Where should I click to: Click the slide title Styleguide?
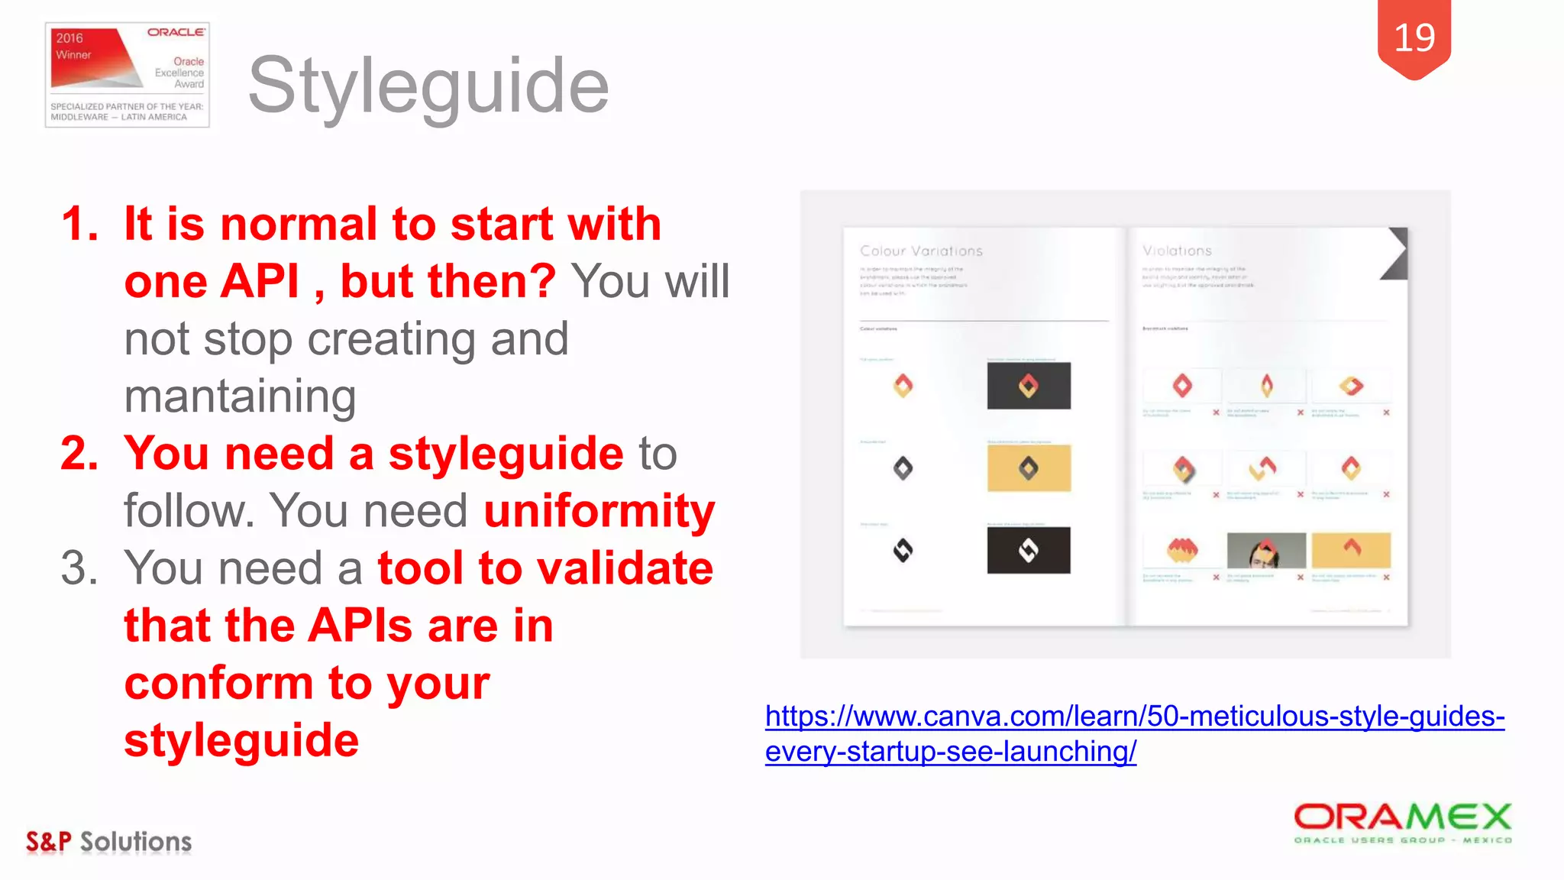(428, 86)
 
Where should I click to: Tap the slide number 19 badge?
(1414, 38)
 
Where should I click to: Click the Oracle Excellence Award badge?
(128, 75)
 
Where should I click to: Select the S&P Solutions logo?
(109, 841)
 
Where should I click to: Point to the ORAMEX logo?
(1402, 822)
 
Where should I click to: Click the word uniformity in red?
(599, 510)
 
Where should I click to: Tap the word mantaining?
(240, 396)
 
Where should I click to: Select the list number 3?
(79, 568)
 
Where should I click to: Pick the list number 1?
(79, 225)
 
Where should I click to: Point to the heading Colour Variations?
(921, 251)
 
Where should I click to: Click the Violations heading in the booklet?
(1177, 251)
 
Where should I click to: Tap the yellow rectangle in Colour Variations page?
(1029, 468)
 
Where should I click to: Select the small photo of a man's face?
(1265, 550)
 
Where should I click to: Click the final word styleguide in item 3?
(241, 740)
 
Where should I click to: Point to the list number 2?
(79, 454)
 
